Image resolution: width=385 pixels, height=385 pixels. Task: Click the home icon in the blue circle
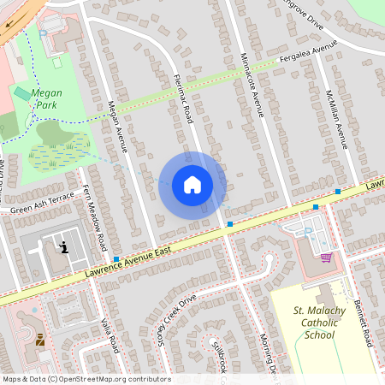click(x=192, y=184)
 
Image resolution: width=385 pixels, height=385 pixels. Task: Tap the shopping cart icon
click(x=325, y=256)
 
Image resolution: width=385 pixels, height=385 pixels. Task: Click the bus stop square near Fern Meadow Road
click(x=115, y=258)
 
